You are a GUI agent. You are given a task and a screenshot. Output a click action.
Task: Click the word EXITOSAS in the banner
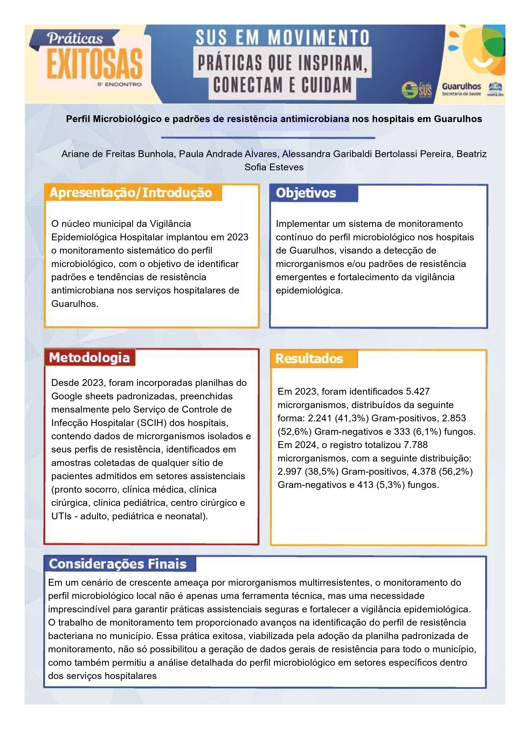pos(95,64)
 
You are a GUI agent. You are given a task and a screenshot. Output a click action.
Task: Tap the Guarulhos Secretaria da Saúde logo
pos(461,89)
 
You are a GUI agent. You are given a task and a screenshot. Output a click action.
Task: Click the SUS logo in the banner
pos(417,89)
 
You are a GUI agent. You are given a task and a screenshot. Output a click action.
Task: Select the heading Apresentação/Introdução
pos(131,193)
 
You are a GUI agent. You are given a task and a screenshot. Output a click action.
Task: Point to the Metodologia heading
pos(89,358)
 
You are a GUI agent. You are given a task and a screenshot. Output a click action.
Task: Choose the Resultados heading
pos(309,359)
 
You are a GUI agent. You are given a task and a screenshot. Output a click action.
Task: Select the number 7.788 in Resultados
pos(416,445)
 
